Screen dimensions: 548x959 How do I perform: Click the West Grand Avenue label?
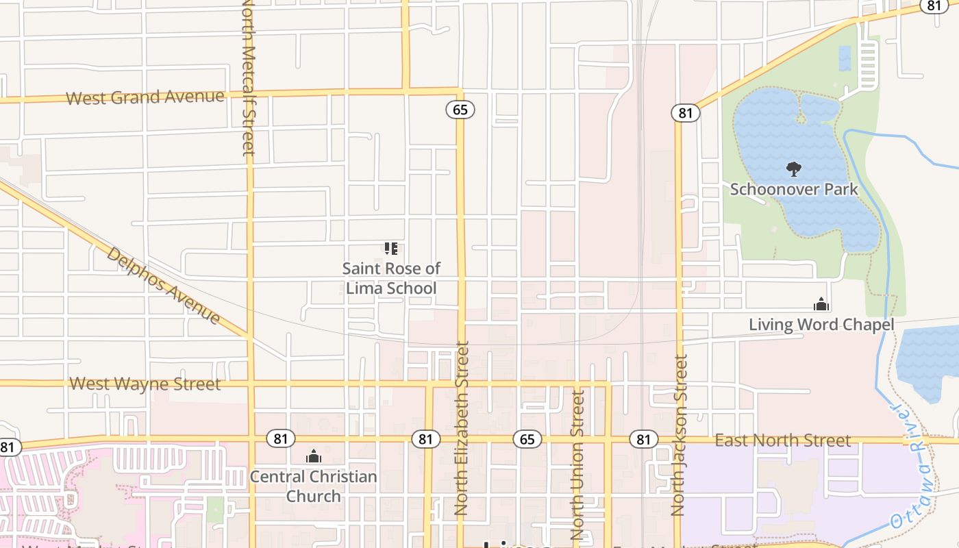tap(145, 97)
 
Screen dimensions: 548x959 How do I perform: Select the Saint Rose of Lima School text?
tap(391, 278)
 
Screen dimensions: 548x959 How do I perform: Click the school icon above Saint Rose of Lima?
tap(391, 248)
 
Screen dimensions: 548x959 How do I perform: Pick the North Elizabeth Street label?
tap(462, 428)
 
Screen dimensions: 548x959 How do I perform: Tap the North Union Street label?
tap(578, 464)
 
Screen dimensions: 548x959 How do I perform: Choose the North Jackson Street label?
tap(679, 435)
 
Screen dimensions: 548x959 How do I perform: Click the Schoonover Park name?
tap(794, 189)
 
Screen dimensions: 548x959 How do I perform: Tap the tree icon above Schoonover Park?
tap(794, 169)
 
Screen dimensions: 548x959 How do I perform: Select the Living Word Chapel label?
tap(821, 325)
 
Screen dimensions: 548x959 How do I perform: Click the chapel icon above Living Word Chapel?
tap(821, 304)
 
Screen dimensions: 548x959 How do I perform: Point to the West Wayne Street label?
tap(145, 384)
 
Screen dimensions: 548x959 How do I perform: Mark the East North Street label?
tap(783, 440)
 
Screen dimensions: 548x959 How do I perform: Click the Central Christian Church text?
tap(313, 486)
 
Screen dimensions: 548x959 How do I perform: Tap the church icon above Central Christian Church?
tap(314, 456)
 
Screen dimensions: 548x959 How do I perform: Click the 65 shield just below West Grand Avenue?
tap(460, 110)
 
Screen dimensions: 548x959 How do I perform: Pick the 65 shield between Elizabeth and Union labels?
tap(527, 439)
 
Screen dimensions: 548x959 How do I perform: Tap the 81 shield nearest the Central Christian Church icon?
tap(280, 439)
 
